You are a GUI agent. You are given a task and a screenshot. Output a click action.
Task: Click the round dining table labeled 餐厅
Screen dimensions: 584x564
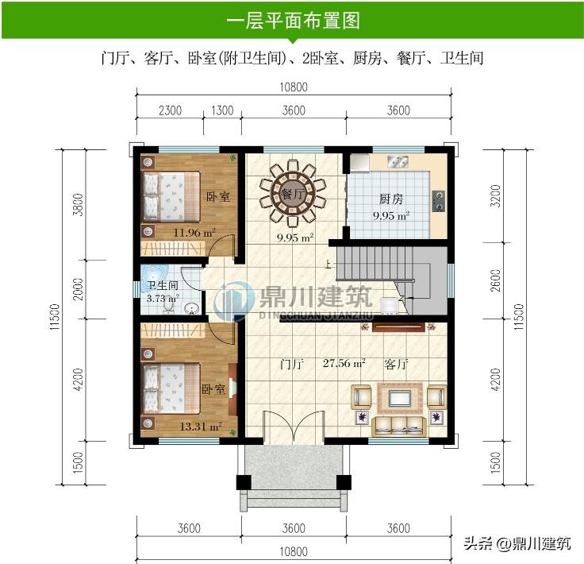click(x=293, y=194)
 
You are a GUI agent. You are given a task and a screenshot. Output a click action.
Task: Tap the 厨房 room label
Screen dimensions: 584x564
click(x=391, y=199)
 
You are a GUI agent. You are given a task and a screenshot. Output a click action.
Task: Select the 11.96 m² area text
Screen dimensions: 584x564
click(x=194, y=233)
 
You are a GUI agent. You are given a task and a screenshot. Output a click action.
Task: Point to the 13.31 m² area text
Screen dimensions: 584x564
click(x=201, y=426)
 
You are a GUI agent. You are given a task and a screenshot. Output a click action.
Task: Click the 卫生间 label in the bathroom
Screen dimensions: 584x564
click(x=163, y=285)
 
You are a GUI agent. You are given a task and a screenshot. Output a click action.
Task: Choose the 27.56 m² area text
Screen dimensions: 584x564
click(x=344, y=363)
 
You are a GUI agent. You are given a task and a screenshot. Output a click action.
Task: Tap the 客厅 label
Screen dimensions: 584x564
click(x=396, y=364)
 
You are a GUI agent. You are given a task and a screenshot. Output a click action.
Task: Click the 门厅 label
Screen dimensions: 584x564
click(x=292, y=364)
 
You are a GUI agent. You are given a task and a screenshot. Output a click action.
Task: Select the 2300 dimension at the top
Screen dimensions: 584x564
click(x=171, y=110)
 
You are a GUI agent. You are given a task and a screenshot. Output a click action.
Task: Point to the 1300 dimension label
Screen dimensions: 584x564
click(x=222, y=110)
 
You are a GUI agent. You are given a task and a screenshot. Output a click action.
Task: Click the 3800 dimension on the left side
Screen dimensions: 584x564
click(x=79, y=205)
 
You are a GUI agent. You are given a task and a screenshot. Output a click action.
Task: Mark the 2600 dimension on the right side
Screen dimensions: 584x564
click(x=495, y=280)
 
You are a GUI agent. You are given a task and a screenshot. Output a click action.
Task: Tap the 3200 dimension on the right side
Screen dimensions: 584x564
click(x=495, y=196)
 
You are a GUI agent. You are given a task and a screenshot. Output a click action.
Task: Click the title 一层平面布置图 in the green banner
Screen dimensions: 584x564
click(x=293, y=20)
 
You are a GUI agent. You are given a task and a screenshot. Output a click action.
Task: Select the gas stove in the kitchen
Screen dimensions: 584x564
click(x=439, y=201)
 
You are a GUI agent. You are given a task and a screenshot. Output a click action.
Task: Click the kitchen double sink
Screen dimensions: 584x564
click(x=398, y=161)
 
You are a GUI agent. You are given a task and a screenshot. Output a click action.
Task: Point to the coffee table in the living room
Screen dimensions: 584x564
click(x=400, y=398)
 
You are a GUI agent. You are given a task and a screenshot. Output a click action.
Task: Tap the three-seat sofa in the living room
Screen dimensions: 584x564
click(x=399, y=427)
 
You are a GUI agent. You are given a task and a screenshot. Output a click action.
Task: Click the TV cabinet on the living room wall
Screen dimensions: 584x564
click(x=398, y=327)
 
